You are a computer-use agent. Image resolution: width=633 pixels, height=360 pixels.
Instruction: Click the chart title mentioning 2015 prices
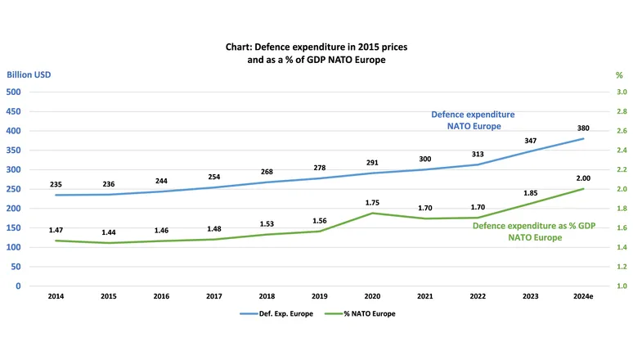click(316, 53)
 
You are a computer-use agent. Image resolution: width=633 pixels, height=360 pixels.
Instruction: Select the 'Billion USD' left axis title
click(29, 75)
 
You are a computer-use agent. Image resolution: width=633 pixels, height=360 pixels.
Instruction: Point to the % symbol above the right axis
click(619, 75)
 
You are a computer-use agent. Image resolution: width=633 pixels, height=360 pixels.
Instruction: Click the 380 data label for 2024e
click(583, 128)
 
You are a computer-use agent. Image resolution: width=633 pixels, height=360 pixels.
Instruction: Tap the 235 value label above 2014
click(56, 185)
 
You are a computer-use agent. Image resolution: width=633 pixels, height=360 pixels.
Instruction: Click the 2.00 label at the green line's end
click(583, 178)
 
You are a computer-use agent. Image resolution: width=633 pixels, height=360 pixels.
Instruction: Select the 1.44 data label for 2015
click(109, 232)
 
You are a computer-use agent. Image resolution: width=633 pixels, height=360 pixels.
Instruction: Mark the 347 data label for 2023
click(531, 142)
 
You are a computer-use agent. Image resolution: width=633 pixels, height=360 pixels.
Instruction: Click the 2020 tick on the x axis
click(372, 295)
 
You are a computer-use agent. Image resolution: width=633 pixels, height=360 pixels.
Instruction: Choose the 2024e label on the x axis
click(583, 295)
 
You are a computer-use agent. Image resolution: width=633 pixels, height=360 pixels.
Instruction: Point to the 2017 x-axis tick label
click(214, 295)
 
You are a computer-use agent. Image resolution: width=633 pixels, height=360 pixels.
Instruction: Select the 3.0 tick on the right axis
click(622, 92)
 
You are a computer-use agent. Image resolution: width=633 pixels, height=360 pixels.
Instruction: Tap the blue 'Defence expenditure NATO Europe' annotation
click(473, 120)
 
